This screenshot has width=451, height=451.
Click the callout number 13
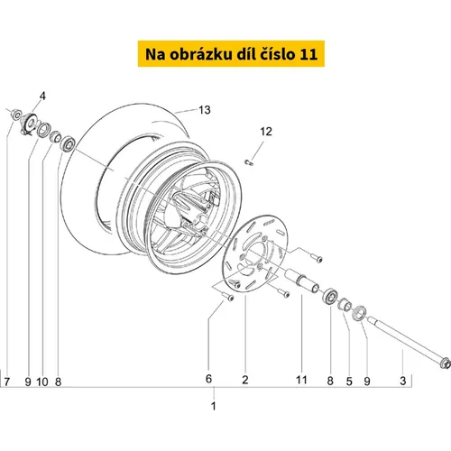click(205, 110)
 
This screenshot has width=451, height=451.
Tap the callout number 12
click(266, 132)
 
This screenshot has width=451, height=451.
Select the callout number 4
click(42, 97)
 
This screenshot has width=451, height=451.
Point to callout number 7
click(6, 382)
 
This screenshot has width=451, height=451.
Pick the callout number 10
click(42, 382)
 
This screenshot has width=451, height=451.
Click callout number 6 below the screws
click(208, 379)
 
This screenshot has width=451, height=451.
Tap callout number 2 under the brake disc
click(245, 380)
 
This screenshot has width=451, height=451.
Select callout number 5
click(349, 382)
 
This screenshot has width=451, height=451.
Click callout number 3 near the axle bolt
click(403, 381)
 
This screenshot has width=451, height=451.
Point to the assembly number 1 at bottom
click(214, 406)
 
